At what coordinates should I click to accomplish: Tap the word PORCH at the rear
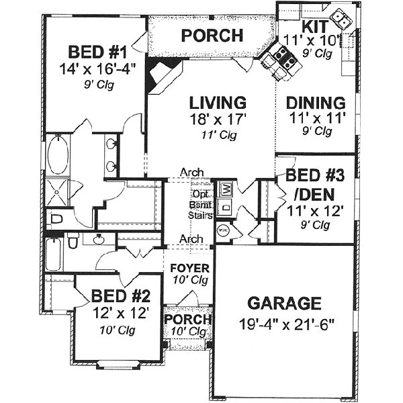212,36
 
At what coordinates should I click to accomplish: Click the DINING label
316,103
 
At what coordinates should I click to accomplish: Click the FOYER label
190,269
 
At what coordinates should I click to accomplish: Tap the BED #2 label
116,296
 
